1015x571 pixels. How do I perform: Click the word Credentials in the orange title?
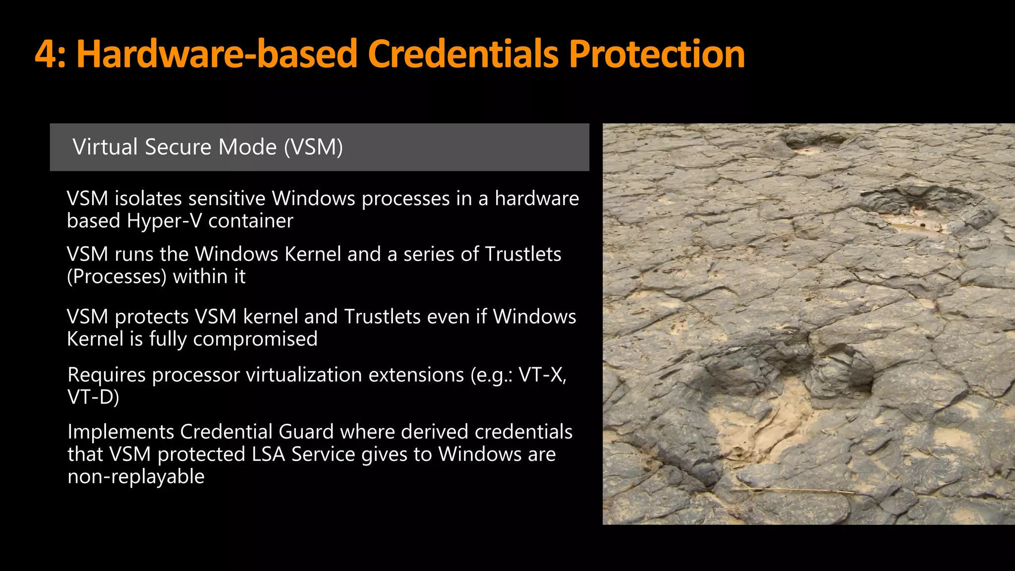463,54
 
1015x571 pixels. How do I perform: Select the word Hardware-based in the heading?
217,54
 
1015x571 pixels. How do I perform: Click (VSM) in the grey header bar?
313,147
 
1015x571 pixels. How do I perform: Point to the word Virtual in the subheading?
105,147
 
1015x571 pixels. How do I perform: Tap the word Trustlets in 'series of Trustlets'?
523,254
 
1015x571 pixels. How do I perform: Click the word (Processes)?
116,277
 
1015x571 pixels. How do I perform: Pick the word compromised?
255,339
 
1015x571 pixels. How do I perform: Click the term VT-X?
542,375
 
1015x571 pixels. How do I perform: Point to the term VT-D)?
93,398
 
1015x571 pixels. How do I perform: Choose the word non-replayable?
136,477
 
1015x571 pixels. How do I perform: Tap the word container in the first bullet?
250,221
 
